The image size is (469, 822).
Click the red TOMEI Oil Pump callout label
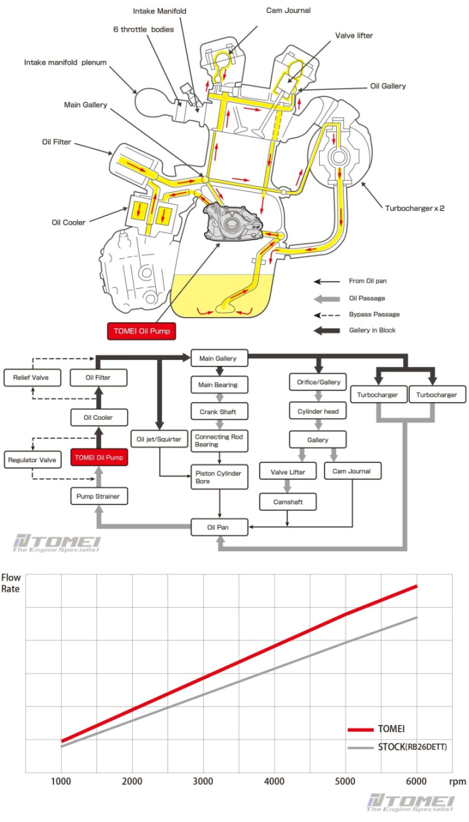coord(141,331)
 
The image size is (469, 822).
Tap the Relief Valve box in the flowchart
coord(26,377)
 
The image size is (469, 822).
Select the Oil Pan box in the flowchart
coord(219,527)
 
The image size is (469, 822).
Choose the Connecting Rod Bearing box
coord(219,441)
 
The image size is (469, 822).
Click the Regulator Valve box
coord(31,459)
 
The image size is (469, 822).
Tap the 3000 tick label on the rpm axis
coord(204,782)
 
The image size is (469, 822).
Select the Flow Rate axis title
coord(12,583)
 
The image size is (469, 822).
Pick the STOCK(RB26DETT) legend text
coord(412,747)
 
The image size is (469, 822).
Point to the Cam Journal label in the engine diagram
coord(289,10)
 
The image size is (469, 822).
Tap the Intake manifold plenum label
coord(65,62)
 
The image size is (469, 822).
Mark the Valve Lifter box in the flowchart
coord(287,471)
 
